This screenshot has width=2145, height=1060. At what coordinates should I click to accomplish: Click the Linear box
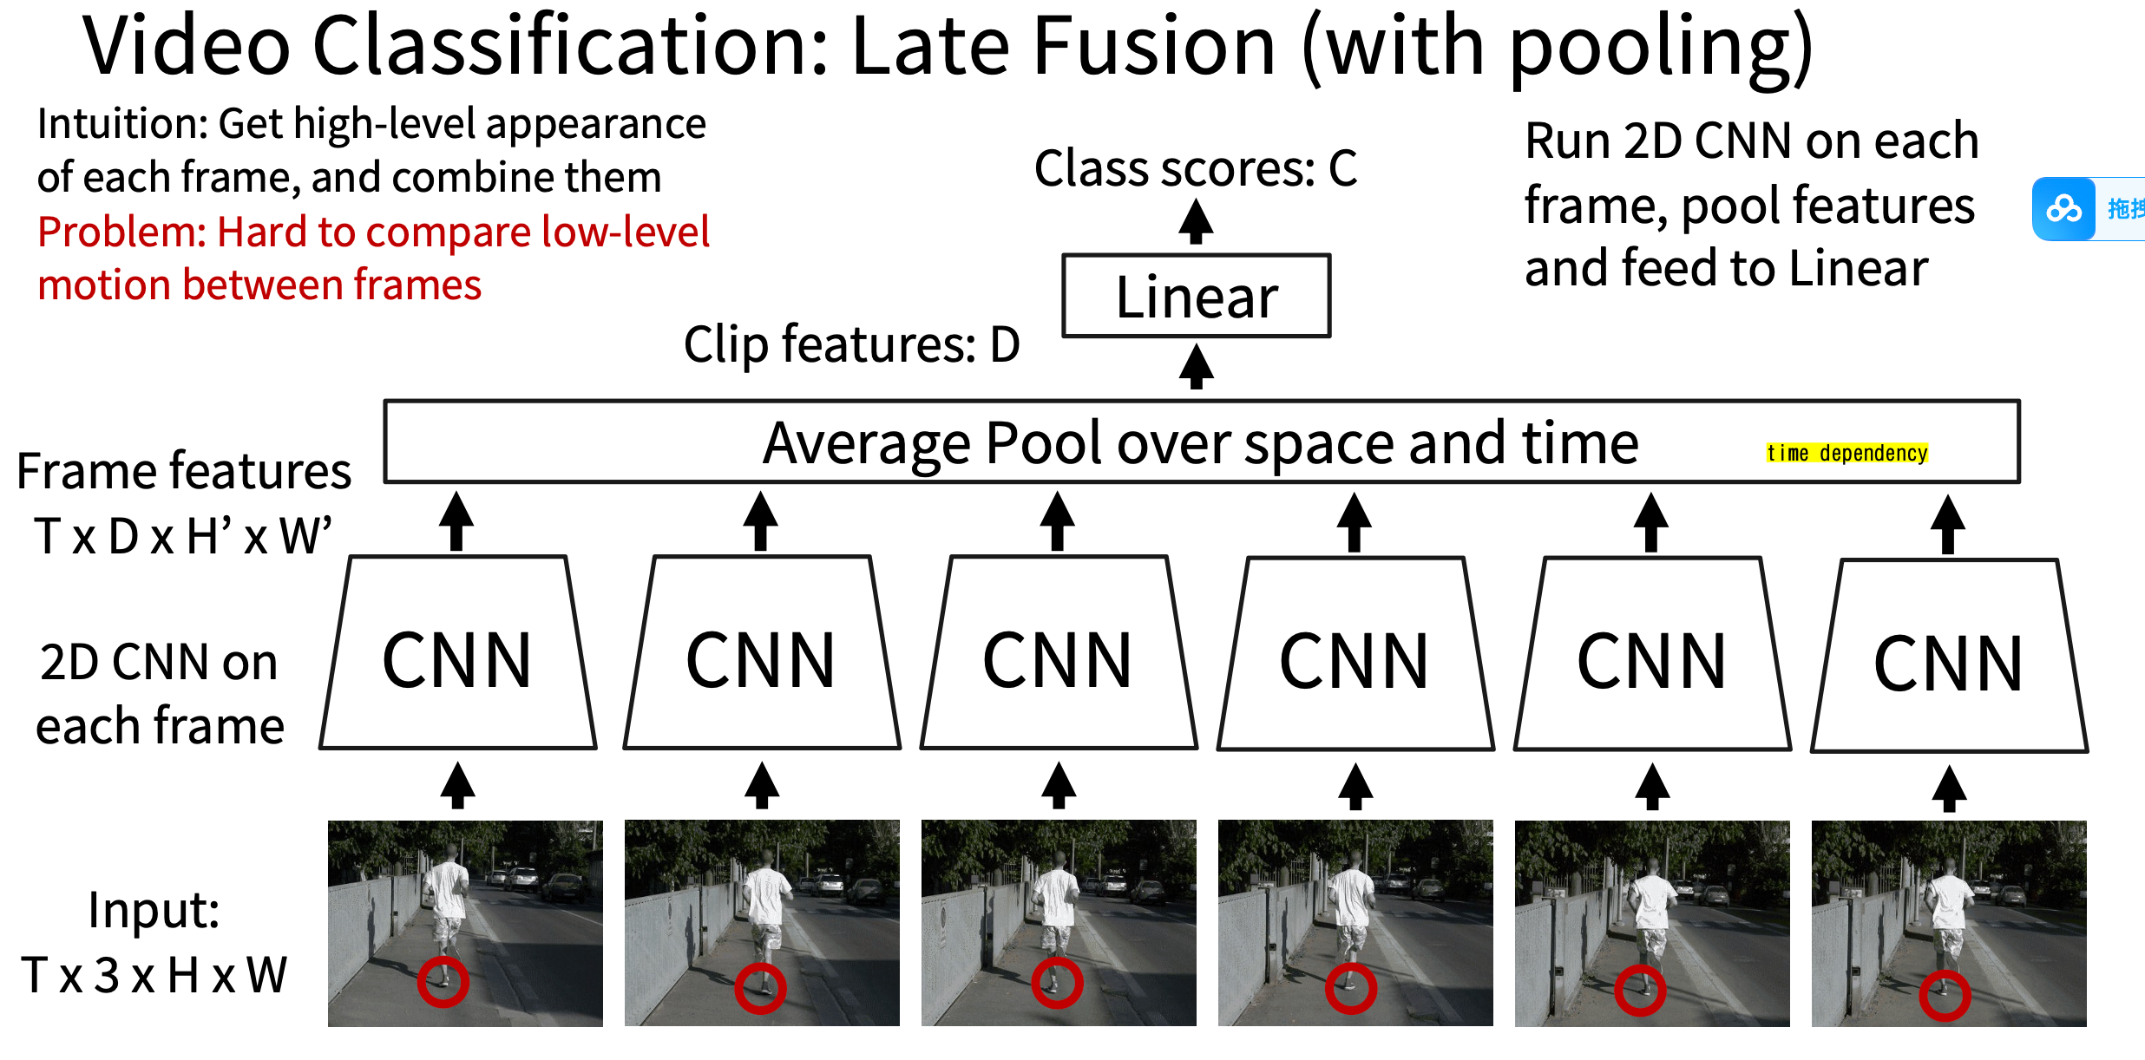pyautogui.click(x=1196, y=296)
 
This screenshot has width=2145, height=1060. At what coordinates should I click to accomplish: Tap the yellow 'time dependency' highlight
pyautogui.click(x=1847, y=453)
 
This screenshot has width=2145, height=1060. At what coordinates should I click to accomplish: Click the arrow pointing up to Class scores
pyautogui.click(x=1196, y=221)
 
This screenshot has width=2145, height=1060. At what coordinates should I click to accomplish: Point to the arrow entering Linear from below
pyautogui.click(x=1196, y=366)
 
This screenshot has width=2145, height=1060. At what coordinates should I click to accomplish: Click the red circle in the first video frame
pyautogui.click(x=443, y=982)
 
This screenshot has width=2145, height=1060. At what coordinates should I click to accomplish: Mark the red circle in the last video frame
pyautogui.click(x=1945, y=996)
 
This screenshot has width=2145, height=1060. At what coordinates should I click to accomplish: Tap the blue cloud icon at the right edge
pyautogui.click(x=2063, y=209)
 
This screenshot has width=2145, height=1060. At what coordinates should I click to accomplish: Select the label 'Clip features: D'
pyautogui.click(x=850, y=344)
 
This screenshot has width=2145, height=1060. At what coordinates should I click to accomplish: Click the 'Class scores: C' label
pyautogui.click(x=1195, y=168)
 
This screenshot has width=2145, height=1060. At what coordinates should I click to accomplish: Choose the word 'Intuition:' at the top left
pyautogui.click(x=121, y=124)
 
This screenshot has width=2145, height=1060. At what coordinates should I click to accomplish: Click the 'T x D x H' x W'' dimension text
pyautogui.click(x=183, y=535)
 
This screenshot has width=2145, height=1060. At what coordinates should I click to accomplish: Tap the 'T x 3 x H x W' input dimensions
pyautogui.click(x=154, y=975)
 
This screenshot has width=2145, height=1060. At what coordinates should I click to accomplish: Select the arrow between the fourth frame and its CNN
pyautogui.click(x=1355, y=785)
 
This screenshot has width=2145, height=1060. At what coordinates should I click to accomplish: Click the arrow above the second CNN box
pyautogui.click(x=761, y=520)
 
